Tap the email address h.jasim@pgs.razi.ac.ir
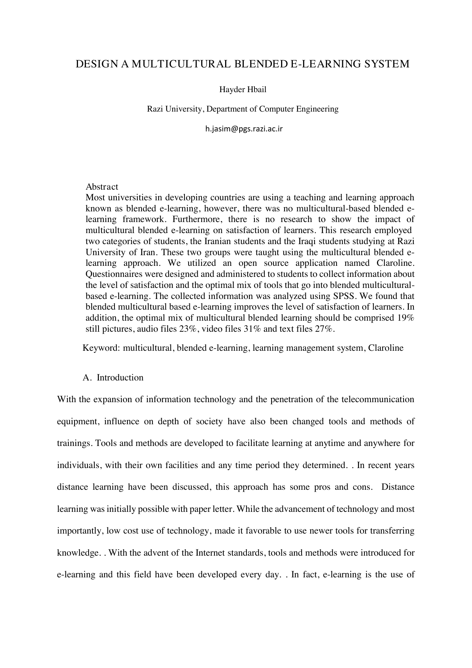pyautogui.click(x=244, y=129)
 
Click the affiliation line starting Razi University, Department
pyautogui.click(x=243, y=109)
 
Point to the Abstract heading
pyautogui.click(x=102, y=187)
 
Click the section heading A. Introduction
pyautogui.click(x=113, y=377)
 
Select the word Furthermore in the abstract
pyautogui.click(x=194, y=219)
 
